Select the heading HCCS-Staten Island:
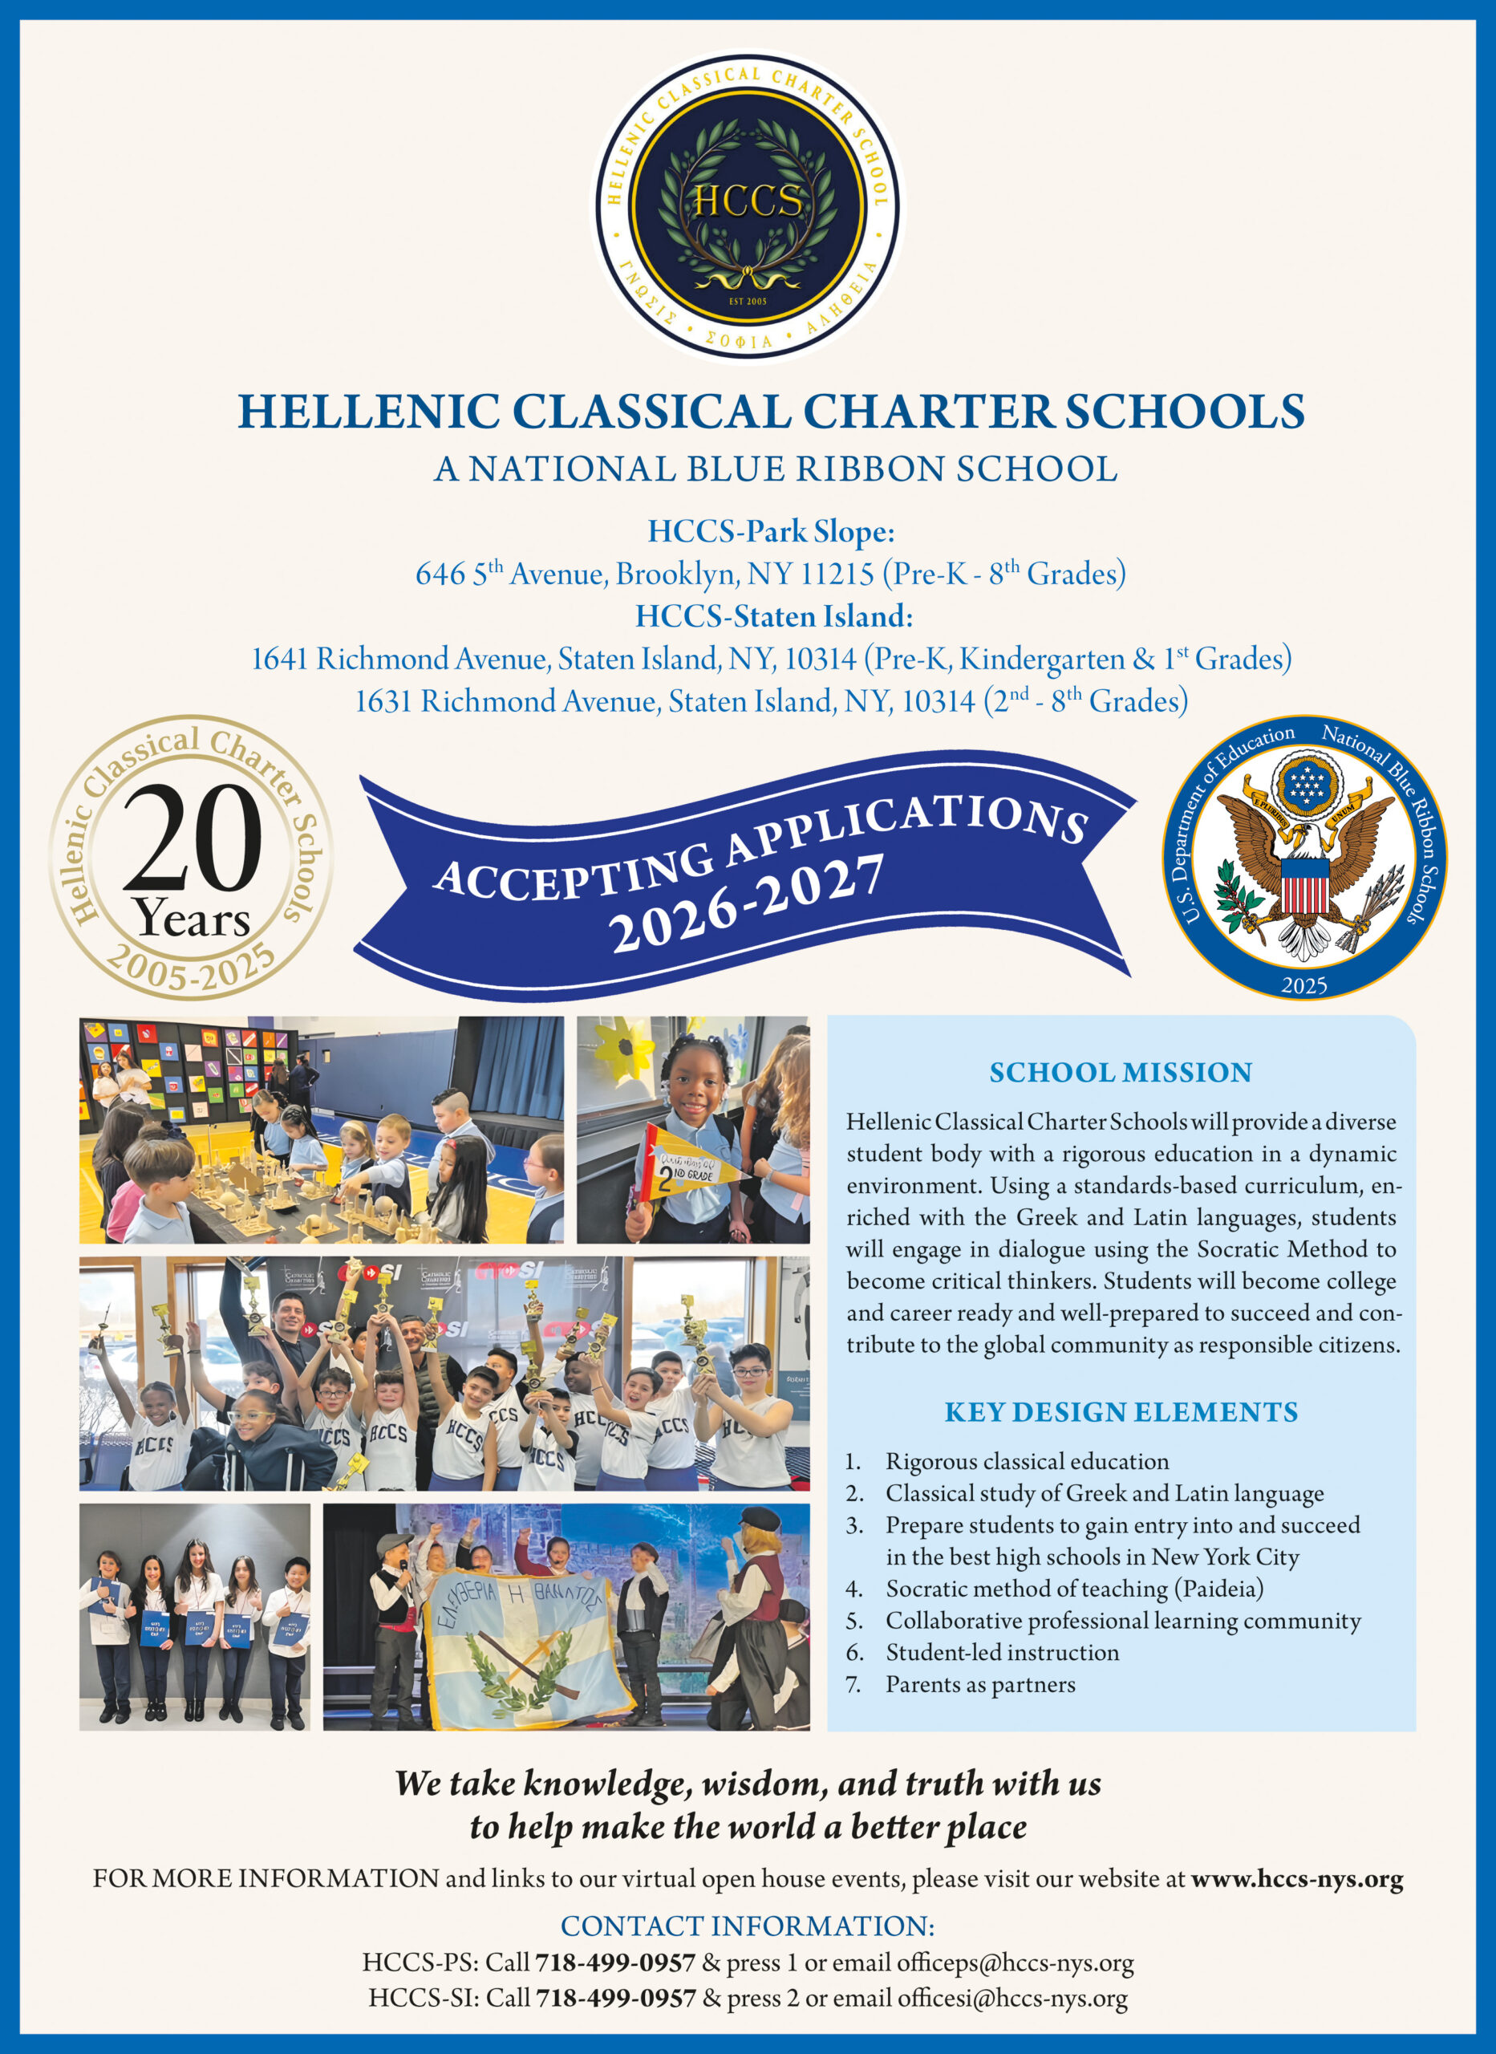point(773,617)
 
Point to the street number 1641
point(280,660)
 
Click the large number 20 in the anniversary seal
point(191,838)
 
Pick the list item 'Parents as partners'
point(980,1684)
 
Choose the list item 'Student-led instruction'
point(1002,1653)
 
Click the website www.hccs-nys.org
point(1297,1879)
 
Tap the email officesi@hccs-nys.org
point(1012,1998)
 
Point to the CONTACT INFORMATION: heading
point(747,1926)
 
